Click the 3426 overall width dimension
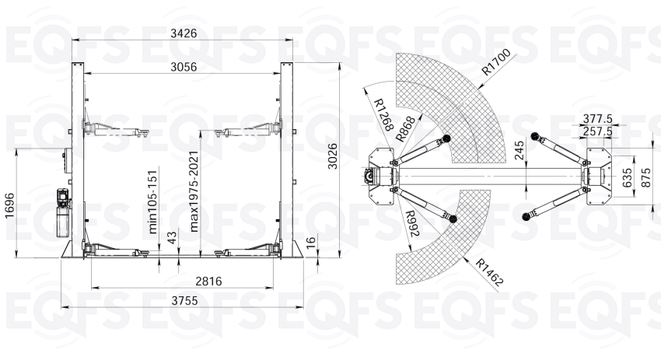point(184,33)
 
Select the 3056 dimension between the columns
point(184,67)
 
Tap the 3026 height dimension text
point(333,156)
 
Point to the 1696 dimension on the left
point(9,206)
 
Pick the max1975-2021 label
point(194,191)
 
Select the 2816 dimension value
point(208,281)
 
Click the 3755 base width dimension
point(184,301)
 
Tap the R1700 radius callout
point(496,61)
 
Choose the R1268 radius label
point(384,114)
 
